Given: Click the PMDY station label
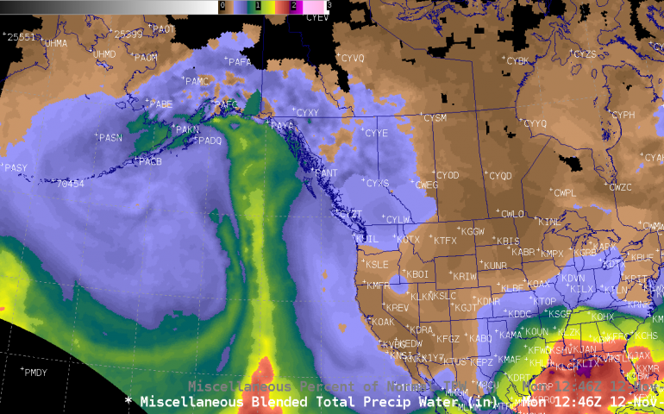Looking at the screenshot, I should point(37,373).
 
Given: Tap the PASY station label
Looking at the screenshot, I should point(16,168).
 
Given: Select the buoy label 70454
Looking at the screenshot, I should point(70,184).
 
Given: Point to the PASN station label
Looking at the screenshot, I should point(110,138).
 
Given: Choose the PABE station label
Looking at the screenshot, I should point(161,104).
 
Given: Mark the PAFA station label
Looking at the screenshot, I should point(240,62).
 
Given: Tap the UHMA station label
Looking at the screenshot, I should point(55,43).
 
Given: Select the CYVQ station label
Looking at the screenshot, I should point(352,59).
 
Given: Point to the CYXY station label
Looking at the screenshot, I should point(307,113).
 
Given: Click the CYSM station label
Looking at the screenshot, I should point(435,117).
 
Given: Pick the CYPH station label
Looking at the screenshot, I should point(623,115).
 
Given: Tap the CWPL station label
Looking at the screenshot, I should point(565,193).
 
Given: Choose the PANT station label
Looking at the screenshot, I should point(326,173).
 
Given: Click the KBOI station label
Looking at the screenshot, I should point(417,274).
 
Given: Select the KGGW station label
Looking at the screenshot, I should point(473,232).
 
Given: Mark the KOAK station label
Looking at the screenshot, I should point(382,322).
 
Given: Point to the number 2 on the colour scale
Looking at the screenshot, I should point(293,5).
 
